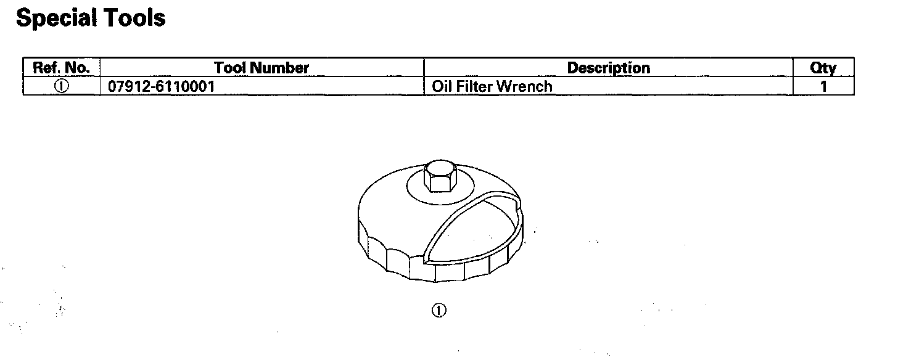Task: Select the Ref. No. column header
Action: [61, 68]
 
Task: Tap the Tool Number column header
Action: [262, 68]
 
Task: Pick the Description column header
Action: [608, 68]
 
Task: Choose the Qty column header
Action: [823, 68]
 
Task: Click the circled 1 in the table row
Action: [61, 86]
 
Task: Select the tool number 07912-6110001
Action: [162, 86]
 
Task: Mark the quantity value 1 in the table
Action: [823, 86]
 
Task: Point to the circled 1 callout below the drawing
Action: [439, 310]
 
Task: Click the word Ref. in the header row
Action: [44, 68]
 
